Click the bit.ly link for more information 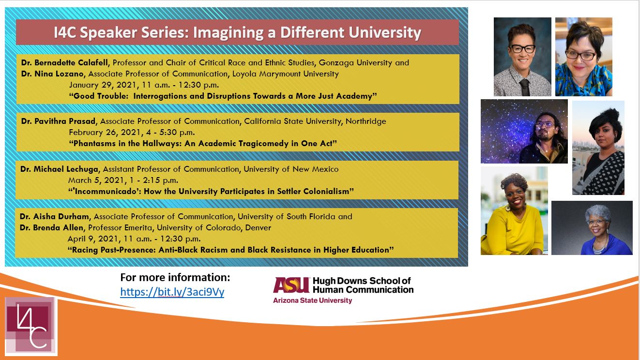(x=172, y=292)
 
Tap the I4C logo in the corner (x=31, y=326)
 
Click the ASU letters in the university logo (x=291, y=285)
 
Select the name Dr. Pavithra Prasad (x=58, y=121)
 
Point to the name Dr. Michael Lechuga (x=59, y=169)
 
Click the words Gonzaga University (x=355, y=63)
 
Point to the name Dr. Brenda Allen (x=51, y=227)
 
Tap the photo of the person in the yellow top (x=514, y=210)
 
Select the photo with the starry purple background (x=524, y=131)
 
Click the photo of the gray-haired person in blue (x=592, y=228)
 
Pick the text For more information (x=175, y=277)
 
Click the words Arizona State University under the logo (x=313, y=300)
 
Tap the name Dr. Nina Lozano (x=52, y=74)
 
